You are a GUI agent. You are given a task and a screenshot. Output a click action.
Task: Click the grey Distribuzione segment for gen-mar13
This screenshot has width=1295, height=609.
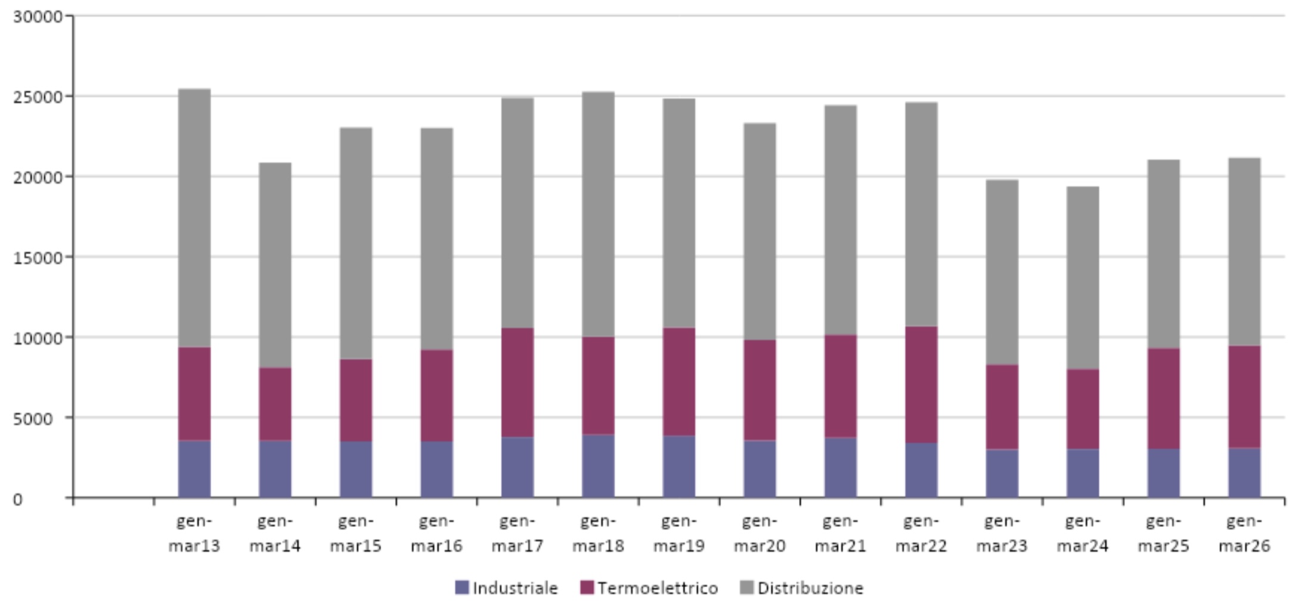194,218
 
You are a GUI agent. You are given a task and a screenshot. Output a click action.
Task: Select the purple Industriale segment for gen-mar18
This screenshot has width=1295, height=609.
598,466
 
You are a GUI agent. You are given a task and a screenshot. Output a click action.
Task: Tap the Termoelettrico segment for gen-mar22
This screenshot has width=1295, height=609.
921,384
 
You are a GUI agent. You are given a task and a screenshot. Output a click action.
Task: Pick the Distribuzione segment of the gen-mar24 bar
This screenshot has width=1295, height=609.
1083,278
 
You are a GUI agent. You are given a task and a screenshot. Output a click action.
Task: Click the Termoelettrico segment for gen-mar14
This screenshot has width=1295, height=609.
275,404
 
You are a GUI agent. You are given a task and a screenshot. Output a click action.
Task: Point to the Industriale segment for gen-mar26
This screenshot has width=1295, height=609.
1244,473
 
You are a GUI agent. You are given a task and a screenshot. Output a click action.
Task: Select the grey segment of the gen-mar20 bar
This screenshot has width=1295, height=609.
760,232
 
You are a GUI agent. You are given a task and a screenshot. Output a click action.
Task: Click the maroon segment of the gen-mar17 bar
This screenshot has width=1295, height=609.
518,383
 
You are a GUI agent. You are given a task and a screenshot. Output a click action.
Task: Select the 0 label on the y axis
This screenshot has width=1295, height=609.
18,499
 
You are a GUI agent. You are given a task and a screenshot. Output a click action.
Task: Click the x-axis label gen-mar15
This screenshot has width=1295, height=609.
356,533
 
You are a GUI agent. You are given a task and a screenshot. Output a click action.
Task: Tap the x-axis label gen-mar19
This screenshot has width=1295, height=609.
679,533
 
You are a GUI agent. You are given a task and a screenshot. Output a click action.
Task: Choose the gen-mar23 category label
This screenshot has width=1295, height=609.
1002,533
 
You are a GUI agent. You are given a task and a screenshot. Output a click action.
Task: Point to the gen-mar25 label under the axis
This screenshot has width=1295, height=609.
1163,533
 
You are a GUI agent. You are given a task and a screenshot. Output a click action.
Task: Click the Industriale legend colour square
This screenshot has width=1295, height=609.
462,588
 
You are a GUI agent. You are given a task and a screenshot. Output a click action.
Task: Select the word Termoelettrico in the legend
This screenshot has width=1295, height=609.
658,588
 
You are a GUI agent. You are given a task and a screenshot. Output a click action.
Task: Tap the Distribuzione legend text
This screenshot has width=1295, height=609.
810,588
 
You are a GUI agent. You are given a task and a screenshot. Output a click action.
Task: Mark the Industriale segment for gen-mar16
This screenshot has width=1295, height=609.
436,470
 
